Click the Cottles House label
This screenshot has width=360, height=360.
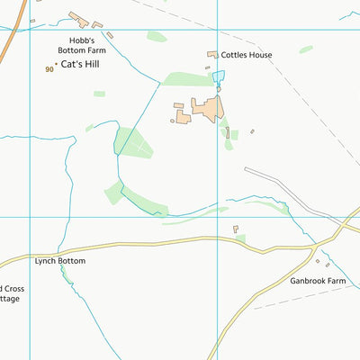247,55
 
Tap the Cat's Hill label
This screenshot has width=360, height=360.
79,65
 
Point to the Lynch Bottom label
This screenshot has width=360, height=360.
59,261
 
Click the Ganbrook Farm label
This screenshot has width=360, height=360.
318,281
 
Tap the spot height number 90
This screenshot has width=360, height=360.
49,69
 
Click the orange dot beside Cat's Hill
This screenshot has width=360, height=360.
56,64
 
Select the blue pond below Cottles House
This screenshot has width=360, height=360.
218,77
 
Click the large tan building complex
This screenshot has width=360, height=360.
205,111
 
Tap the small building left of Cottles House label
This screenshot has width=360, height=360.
213,55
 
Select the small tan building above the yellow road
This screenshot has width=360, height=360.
236,229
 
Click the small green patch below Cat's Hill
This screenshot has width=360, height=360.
99,94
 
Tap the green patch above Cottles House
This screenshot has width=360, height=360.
157,37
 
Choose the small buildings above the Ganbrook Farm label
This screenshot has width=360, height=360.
319,263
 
